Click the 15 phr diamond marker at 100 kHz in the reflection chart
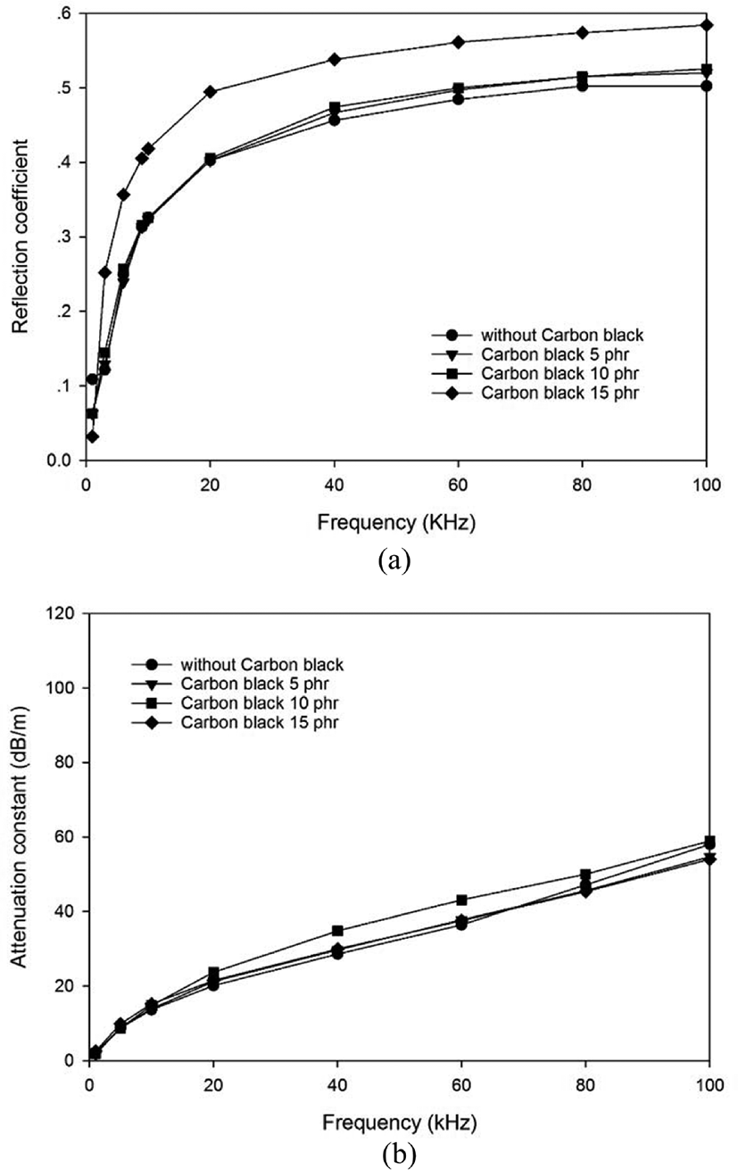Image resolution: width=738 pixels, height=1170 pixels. [x=706, y=25]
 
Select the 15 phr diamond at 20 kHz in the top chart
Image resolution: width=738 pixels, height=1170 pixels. [x=211, y=91]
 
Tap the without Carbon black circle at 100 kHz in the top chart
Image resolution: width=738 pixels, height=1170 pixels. [x=706, y=87]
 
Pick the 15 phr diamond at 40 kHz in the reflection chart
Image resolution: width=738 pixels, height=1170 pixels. [x=335, y=59]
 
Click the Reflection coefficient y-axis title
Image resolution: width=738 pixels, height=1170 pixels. [x=20, y=236]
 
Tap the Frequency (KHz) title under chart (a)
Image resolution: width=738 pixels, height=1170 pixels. [x=396, y=522]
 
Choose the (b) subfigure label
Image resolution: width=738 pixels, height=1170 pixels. [x=400, y=1155]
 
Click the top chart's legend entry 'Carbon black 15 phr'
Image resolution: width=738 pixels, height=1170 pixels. [x=560, y=393]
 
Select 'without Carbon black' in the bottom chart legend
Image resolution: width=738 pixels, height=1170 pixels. [x=262, y=664]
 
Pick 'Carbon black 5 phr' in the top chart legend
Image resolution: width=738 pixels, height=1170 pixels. [x=555, y=354]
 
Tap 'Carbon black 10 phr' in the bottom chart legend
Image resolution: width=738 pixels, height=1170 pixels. [x=260, y=703]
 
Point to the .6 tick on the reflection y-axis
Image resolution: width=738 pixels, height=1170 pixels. [x=66, y=13]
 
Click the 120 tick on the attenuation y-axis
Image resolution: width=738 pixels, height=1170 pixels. [x=65, y=613]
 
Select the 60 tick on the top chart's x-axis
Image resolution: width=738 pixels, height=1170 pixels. [x=458, y=485]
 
